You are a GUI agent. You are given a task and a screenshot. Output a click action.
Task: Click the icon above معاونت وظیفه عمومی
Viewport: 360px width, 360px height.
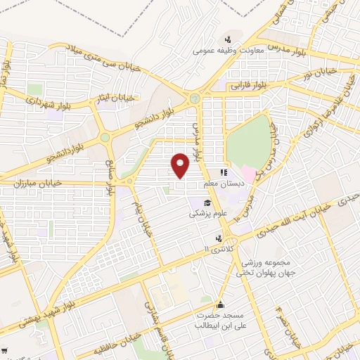pyautogui.click(x=228, y=39)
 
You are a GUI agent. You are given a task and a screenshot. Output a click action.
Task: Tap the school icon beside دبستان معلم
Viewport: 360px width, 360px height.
pyautogui.click(x=224, y=172)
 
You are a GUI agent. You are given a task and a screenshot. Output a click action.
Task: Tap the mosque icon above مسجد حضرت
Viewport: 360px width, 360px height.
pyautogui.click(x=221, y=304)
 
